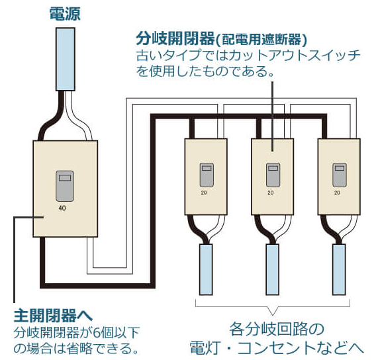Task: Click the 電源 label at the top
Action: click(65, 14)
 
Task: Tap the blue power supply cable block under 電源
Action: click(66, 59)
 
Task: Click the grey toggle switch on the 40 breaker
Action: click(65, 186)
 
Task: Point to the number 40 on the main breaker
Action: click(62, 208)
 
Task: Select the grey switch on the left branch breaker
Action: click(207, 175)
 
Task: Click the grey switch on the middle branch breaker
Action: click(273, 175)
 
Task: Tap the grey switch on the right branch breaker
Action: click(340, 175)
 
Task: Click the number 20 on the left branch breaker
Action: click(204, 193)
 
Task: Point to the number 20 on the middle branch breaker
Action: click(271, 193)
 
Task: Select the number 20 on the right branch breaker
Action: click(337, 193)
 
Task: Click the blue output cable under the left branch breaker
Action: click(206, 269)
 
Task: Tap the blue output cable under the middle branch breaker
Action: click(273, 269)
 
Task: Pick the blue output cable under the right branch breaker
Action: click(339, 269)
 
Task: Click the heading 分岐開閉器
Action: click(175, 39)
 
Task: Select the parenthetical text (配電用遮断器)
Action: click(261, 40)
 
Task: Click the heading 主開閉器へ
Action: click(53, 316)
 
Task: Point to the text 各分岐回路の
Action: click(277, 329)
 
